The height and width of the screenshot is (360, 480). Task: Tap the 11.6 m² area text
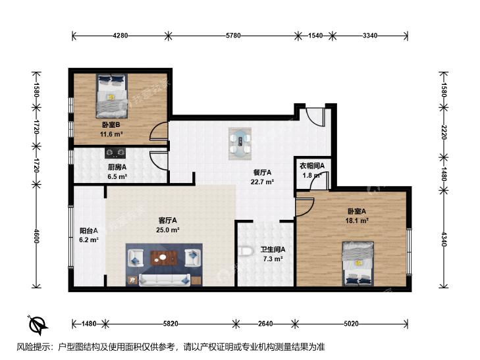(x=111, y=134)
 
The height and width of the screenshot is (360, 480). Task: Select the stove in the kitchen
(x=115, y=153)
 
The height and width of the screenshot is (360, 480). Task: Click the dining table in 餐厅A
(x=240, y=143)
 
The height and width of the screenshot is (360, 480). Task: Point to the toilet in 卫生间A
(x=246, y=251)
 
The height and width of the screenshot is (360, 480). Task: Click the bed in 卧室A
(x=358, y=264)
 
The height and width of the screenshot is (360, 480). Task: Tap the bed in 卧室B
(x=111, y=95)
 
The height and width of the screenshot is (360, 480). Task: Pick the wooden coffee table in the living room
(x=165, y=258)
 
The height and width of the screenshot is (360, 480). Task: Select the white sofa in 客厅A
(x=165, y=280)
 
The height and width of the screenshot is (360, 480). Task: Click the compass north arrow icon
(x=38, y=325)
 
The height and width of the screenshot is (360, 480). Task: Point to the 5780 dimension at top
(x=233, y=36)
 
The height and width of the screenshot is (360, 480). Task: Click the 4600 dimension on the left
(x=36, y=236)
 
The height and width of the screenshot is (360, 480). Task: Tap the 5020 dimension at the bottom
(x=351, y=324)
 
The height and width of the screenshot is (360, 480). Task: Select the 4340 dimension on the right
(x=444, y=239)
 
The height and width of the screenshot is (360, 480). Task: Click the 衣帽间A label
(x=311, y=166)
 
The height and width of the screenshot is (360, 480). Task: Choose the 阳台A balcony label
(x=89, y=230)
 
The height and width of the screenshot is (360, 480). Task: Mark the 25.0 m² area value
(x=167, y=230)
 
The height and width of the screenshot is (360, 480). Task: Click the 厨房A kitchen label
(x=117, y=167)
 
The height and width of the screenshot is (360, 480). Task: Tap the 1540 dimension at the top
(x=315, y=36)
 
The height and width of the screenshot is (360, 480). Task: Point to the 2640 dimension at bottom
(x=265, y=324)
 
